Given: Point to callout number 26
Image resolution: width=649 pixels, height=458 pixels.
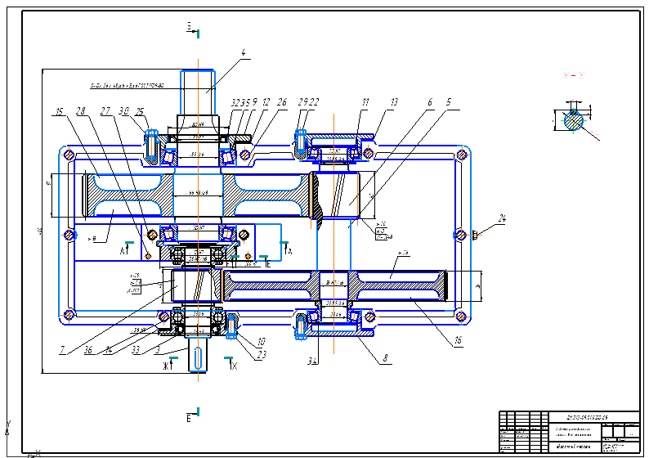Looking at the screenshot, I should point(282,103).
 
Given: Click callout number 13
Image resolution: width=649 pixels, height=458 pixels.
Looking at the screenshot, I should point(394,103).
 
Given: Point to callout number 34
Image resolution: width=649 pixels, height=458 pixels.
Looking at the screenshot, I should point(312,359).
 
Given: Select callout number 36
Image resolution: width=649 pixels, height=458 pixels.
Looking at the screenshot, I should point(87,352).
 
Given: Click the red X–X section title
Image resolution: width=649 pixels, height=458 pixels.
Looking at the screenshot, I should point(573,75).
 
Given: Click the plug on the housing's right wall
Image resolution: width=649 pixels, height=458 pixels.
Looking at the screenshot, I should point(476,236).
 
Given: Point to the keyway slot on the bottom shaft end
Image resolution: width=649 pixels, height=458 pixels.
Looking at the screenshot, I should point(199,356).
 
